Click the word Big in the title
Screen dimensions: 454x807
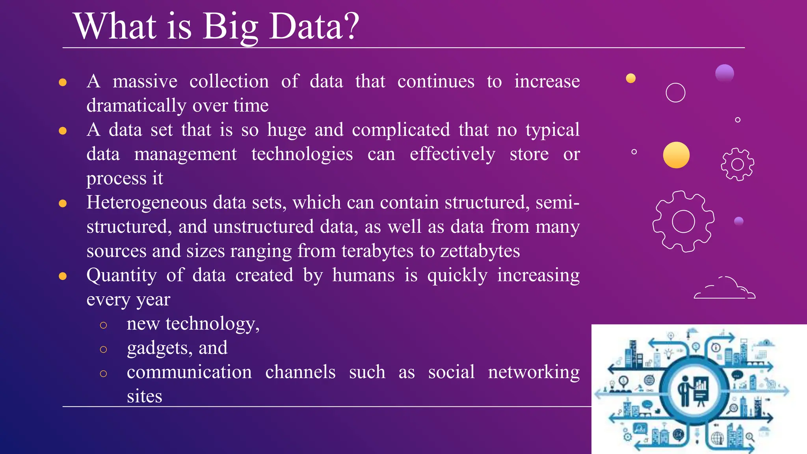230,27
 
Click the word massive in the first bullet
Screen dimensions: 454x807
145,82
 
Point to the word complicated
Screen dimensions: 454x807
401,130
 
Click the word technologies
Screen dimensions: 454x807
302,154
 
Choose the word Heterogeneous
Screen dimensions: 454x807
147,203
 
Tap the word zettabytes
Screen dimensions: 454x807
480,251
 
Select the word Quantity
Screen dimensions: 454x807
121,275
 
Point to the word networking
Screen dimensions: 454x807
534,372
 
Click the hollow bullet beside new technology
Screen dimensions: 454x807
103,325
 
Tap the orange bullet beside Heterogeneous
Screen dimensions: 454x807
63,203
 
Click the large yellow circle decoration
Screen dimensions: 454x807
676,155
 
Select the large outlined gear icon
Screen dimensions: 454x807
683,221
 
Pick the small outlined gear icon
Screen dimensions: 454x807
737,164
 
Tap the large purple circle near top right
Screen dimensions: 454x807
724,73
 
